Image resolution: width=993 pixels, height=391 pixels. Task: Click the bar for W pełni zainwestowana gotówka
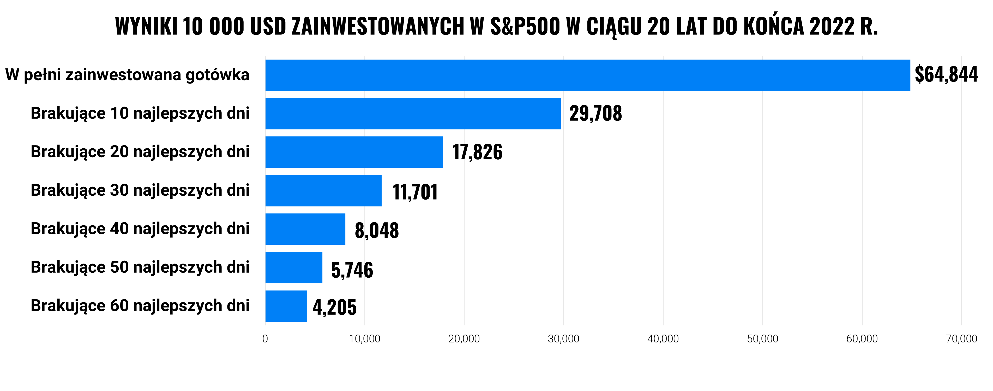click(x=588, y=75)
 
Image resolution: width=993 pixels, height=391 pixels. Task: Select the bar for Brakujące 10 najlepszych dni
click(x=413, y=113)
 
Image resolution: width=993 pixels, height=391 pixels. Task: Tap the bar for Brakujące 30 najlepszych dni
click(x=323, y=191)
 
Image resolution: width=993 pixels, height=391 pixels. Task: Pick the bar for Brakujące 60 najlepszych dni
click(x=286, y=306)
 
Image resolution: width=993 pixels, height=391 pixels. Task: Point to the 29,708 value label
click(x=595, y=113)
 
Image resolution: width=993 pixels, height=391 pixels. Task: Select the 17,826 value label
click(x=477, y=152)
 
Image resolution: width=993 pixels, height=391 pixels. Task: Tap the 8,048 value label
click(x=377, y=230)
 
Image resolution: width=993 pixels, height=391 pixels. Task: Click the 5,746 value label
click(x=352, y=270)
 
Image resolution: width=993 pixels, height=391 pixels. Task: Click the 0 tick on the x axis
click(x=265, y=339)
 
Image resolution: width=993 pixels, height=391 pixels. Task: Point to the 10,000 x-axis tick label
click(x=365, y=339)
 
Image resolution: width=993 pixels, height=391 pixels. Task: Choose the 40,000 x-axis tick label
click(x=663, y=339)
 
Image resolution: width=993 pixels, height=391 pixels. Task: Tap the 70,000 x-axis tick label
click(x=961, y=339)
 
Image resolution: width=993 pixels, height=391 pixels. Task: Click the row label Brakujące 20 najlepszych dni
click(x=140, y=152)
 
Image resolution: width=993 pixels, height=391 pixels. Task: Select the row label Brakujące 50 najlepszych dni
click(x=140, y=267)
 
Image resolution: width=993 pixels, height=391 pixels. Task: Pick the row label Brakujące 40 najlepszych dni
click(x=140, y=229)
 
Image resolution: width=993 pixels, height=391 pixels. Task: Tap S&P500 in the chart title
click(x=525, y=26)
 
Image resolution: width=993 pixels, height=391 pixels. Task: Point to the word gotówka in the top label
click(x=218, y=75)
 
